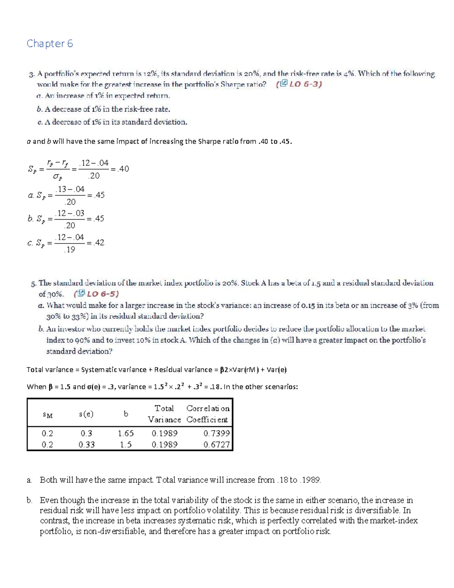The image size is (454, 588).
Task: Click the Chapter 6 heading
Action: pyautogui.click(x=50, y=44)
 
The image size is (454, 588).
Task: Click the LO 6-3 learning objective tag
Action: pyautogui.click(x=299, y=84)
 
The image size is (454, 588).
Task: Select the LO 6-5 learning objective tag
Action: pyautogui.click(x=96, y=294)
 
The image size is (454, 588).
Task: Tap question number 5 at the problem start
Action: pyautogui.click(x=34, y=283)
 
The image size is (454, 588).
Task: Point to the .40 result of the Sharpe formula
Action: pyautogui.click(x=123, y=169)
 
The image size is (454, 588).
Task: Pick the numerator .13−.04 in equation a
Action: pyautogui.click(x=70, y=189)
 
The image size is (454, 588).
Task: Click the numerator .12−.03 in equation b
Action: pyautogui.click(x=70, y=213)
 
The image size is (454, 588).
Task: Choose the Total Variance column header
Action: pyautogui.click(x=164, y=414)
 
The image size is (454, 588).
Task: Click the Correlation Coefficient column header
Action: pyautogui.click(x=208, y=414)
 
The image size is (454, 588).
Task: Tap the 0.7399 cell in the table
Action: pyautogui.click(x=216, y=433)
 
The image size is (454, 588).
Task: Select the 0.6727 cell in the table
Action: pyautogui.click(x=216, y=445)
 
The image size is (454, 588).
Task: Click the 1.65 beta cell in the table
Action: pyautogui.click(x=126, y=433)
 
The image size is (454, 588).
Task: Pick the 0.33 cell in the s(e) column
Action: pyautogui.click(x=87, y=445)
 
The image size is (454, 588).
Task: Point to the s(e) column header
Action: pyautogui.click(x=86, y=414)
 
